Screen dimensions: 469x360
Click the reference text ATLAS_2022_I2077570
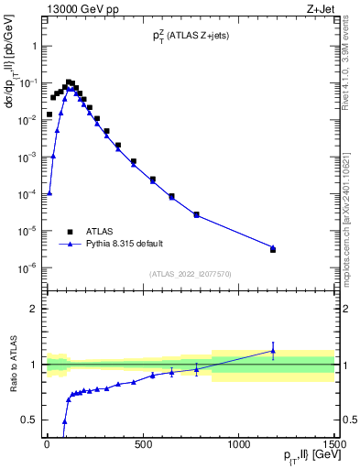click(x=190, y=274)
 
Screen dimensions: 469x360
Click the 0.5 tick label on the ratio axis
click(x=29, y=420)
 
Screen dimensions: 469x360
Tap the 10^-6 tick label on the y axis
click(x=27, y=267)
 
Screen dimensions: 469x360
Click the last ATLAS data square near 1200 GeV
click(x=273, y=249)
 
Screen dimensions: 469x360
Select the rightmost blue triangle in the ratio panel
click(x=273, y=350)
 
